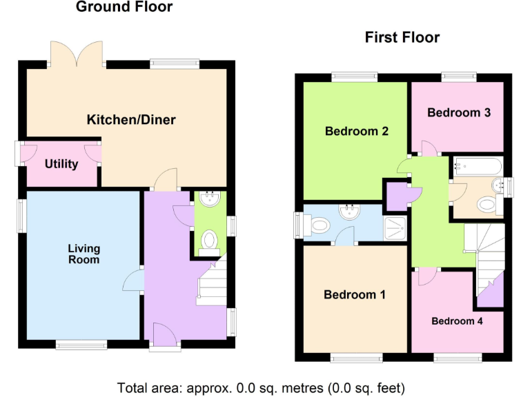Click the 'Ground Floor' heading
(x=124, y=8)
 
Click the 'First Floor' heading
(x=402, y=37)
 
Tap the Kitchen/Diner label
(x=130, y=120)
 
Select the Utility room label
(x=61, y=164)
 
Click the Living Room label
(x=84, y=254)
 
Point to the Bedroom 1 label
(x=355, y=295)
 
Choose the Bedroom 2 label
(x=357, y=131)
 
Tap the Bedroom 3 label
(x=459, y=112)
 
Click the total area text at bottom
(x=261, y=387)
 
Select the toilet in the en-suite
(x=319, y=225)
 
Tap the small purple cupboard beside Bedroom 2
(x=397, y=195)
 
